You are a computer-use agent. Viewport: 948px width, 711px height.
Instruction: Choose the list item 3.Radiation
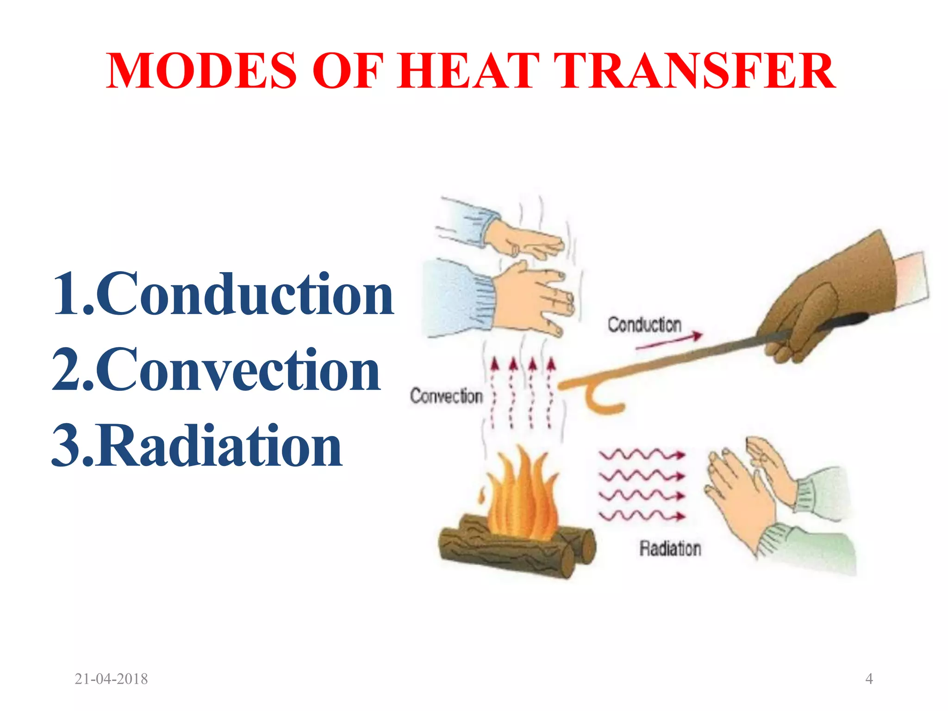[197, 446]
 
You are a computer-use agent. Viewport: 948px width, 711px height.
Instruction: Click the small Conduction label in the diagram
[644, 325]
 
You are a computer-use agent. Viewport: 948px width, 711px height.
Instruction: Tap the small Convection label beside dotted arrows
[446, 396]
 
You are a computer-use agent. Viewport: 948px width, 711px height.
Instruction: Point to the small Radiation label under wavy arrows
[670, 549]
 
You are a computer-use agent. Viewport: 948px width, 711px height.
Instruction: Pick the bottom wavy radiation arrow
[642, 515]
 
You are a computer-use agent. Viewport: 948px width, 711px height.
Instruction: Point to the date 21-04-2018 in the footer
[111, 679]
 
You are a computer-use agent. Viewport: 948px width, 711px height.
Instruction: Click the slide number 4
[869, 679]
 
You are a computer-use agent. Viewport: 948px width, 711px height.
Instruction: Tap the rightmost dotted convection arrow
[550, 393]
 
